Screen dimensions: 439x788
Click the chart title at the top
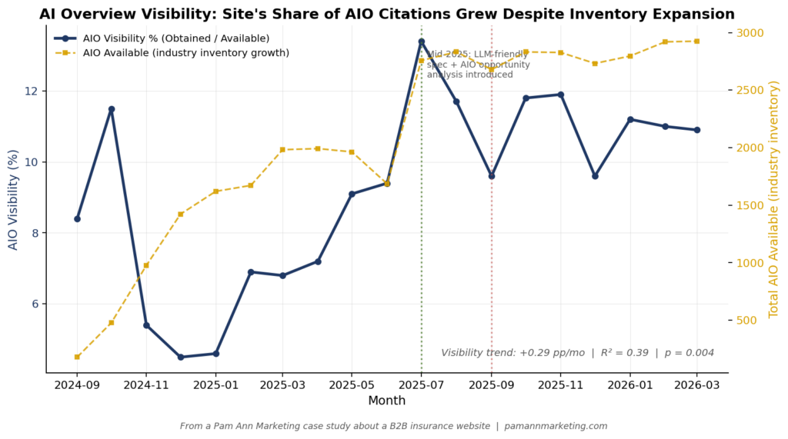coord(386,14)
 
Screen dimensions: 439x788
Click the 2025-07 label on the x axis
coord(421,384)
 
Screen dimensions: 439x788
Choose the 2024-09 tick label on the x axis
coord(77,384)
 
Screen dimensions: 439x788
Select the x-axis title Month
coord(386,401)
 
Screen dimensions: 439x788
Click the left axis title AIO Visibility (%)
coord(13,200)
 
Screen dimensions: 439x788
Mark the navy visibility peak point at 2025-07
coord(421,42)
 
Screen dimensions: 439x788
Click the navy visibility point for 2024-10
coord(112,109)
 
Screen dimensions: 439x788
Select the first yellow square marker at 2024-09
coord(77,357)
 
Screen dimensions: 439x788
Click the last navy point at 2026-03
coord(697,130)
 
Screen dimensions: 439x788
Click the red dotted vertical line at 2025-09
coord(492,269)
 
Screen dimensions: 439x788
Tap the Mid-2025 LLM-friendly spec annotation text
coord(478,65)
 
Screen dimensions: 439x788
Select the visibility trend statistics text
coord(577,352)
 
